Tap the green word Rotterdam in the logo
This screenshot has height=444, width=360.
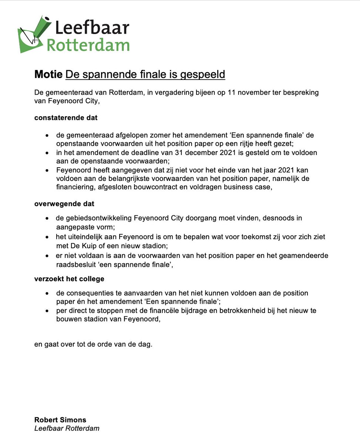pyautogui.click(x=88, y=45)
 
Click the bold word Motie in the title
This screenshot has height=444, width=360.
pyautogui.click(x=48, y=74)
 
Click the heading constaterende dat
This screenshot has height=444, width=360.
pyautogui.click(x=66, y=118)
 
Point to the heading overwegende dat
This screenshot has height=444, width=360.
pyautogui.click(x=64, y=204)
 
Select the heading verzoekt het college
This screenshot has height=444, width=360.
pyautogui.click(x=69, y=279)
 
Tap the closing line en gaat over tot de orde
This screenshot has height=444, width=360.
pyautogui.click(x=93, y=344)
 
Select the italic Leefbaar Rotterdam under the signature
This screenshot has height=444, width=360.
pyautogui.click(x=67, y=428)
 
